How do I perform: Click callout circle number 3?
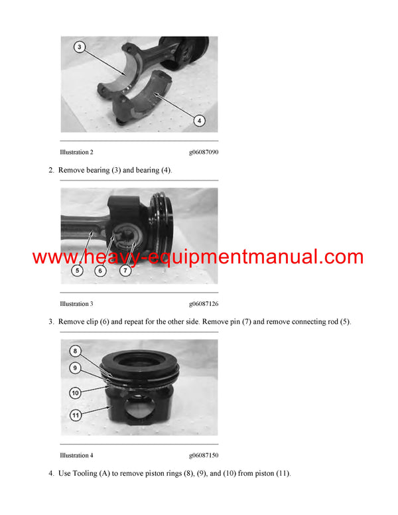79,47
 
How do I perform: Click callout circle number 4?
200,120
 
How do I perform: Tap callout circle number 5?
78,271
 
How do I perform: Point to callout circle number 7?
125,271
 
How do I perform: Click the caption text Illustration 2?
76,152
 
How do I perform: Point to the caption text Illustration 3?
76,304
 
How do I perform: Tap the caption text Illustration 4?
76,455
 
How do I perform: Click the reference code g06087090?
204,152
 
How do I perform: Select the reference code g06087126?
204,304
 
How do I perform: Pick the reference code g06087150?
204,455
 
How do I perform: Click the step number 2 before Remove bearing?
51,171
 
